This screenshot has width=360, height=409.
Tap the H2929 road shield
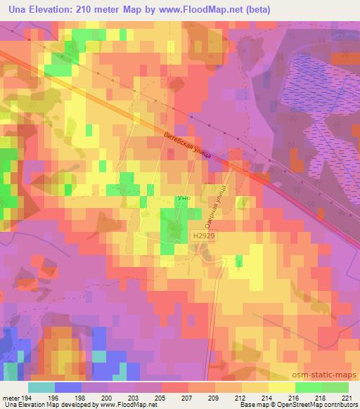(200, 238)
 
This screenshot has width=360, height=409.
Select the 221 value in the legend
(346, 398)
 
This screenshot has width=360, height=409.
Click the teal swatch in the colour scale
(41, 387)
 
